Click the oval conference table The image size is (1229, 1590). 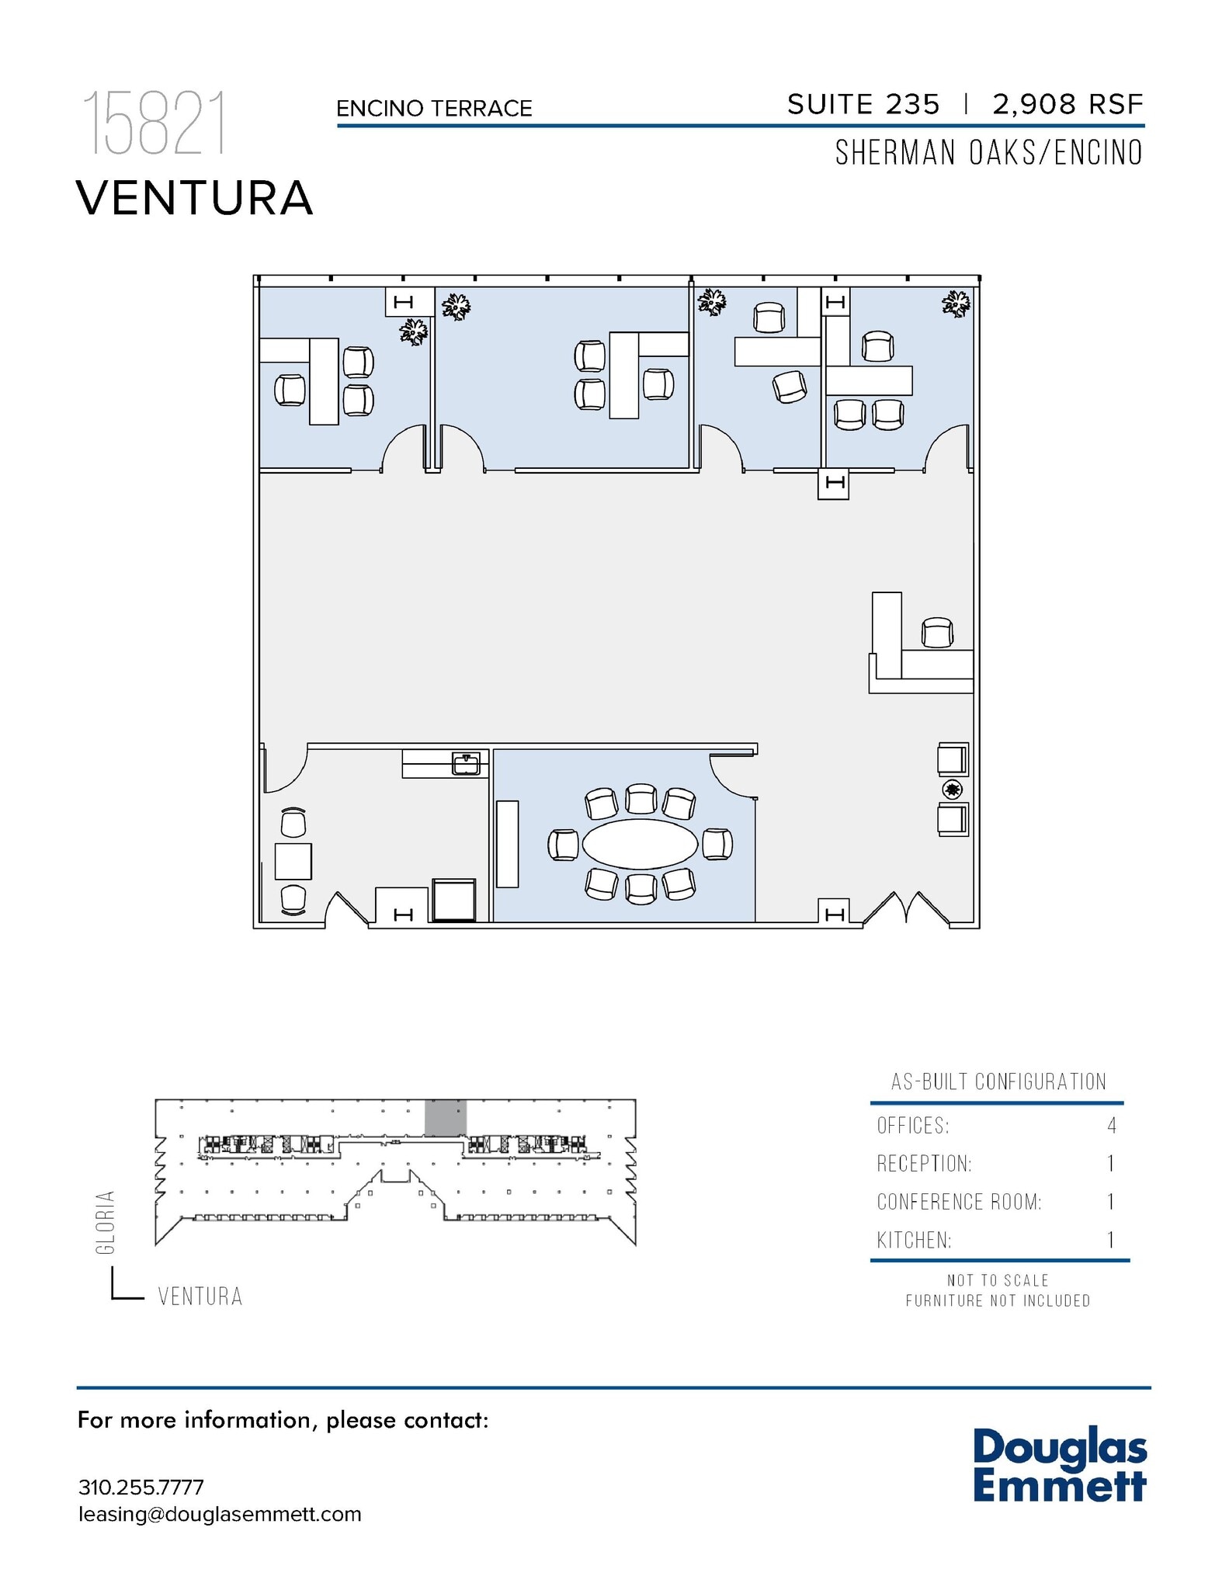[x=640, y=844]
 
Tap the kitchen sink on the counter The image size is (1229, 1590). [x=466, y=764]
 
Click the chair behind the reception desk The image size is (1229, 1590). [x=937, y=633]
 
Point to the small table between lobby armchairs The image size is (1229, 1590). [x=953, y=790]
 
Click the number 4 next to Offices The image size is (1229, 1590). [x=1112, y=1126]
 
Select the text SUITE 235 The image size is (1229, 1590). [x=863, y=105]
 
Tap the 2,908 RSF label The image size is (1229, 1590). [x=1068, y=105]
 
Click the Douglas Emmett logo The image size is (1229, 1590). [x=1059, y=1465]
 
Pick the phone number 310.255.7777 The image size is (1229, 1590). [x=141, y=1488]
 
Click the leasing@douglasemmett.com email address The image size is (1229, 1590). [x=220, y=1515]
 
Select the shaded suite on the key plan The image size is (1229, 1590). [x=446, y=1118]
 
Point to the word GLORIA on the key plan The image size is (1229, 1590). [x=106, y=1222]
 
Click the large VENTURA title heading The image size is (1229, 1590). [x=195, y=198]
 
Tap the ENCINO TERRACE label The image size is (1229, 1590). [x=434, y=109]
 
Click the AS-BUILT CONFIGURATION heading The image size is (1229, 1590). [x=998, y=1081]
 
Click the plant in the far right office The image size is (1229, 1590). [x=956, y=304]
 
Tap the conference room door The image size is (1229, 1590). [x=731, y=776]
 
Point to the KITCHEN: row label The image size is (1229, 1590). [x=914, y=1241]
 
